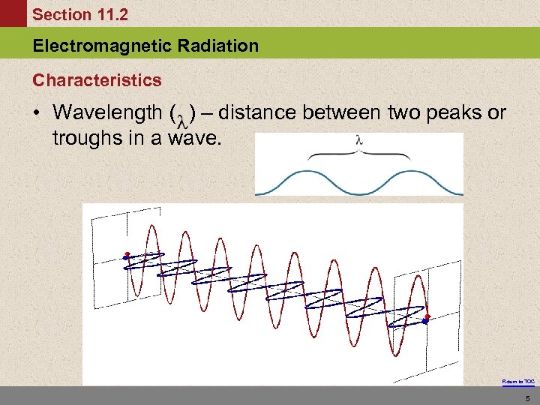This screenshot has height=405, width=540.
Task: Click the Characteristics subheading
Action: point(97,79)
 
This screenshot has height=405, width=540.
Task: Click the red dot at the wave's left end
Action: point(127,254)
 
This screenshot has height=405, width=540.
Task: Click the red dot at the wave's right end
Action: point(427,317)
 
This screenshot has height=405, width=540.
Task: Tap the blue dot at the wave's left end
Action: point(125,259)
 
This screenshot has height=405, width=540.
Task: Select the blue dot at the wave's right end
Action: point(425,322)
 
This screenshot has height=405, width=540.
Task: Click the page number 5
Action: point(528,397)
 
